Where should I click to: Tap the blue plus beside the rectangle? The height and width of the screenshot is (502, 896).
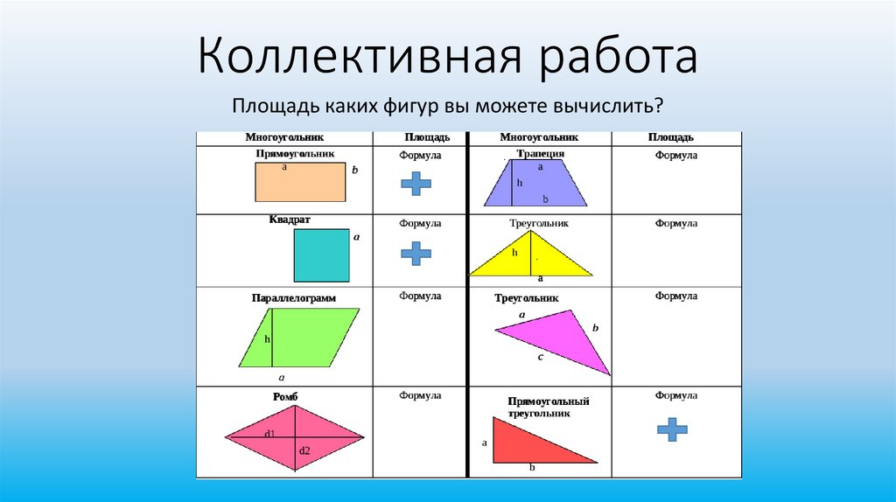point(416,182)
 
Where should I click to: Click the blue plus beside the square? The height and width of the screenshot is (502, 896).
point(416,253)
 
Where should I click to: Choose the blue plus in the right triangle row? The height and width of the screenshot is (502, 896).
point(671,428)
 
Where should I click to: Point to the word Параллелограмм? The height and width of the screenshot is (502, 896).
point(293,298)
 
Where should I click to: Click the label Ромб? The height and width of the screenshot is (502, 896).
point(285,397)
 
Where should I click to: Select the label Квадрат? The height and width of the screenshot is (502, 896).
point(290,220)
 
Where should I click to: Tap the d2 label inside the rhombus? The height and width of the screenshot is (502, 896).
point(304,451)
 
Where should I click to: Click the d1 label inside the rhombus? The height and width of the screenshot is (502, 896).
point(270,434)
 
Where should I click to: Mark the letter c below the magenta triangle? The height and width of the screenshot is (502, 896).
point(541,357)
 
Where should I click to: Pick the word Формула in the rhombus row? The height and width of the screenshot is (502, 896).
point(420,395)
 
